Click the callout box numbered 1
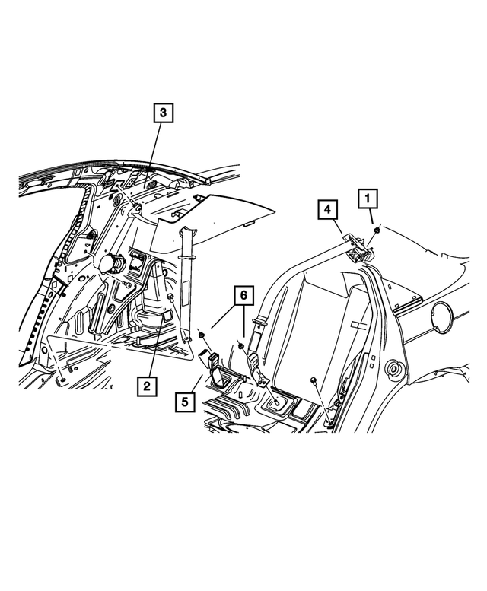368,199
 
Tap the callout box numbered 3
163,114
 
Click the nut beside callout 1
377,229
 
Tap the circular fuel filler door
443,316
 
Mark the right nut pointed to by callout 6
240,346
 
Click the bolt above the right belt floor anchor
314,378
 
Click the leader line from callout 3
155,152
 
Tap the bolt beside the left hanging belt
173,297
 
